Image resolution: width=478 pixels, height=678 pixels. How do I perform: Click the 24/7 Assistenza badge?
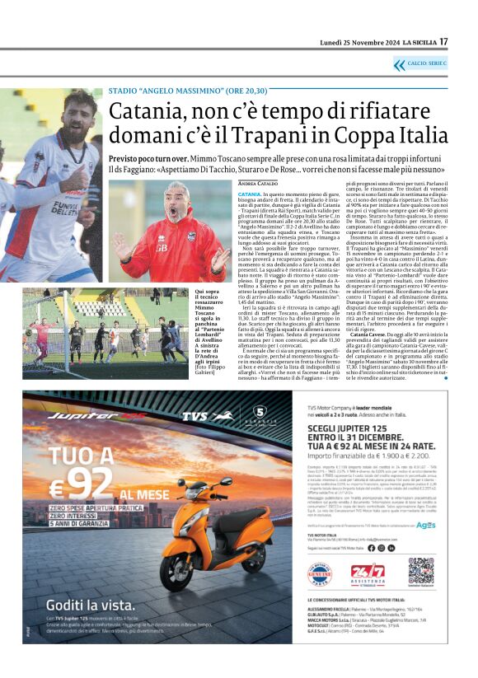click(368, 571)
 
